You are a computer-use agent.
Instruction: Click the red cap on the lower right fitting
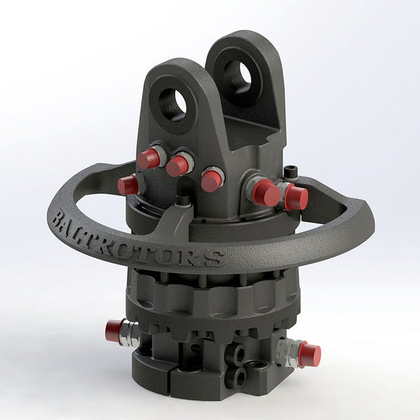pos(309,353)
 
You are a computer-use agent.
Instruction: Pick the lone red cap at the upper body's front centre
pos(211,180)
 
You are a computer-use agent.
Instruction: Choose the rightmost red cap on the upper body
pos(296,197)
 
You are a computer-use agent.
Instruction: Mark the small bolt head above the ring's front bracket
pos(183,200)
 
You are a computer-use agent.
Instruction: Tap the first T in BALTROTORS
pos(110,237)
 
